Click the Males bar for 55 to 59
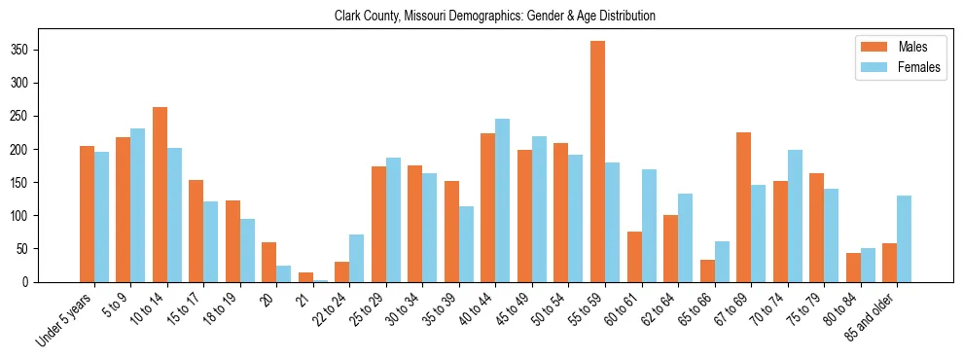click(597, 162)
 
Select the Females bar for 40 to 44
click(503, 200)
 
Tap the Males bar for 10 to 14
click(160, 195)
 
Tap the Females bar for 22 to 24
click(357, 258)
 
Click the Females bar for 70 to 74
click(795, 216)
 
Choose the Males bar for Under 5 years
click(87, 214)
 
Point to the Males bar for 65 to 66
click(707, 270)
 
